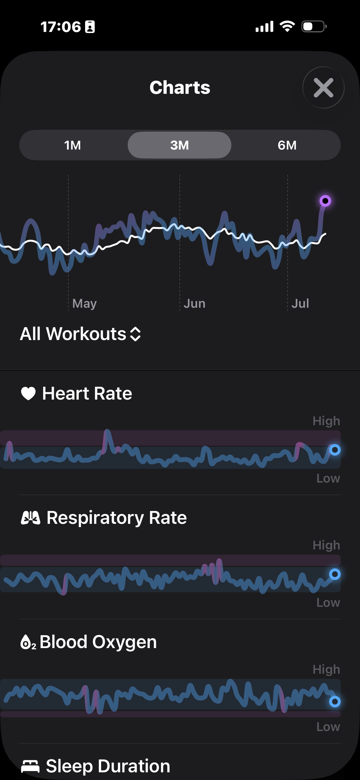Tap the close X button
(x=323, y=87)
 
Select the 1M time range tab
(x=73, y=145)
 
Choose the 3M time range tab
(x=180, y=145)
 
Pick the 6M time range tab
(x=287, y=145)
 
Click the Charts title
(x=180, y=87)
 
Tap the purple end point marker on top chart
(x=325, y=201)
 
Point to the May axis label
(x=84, y=304)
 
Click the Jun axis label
(x=195, y=303)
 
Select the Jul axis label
(x=300, y=303)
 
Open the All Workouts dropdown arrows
(x=135, y=334)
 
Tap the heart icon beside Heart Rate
(x=28, y=394)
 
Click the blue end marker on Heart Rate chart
(x=335, y=450)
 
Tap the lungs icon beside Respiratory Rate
(x=30, y=517)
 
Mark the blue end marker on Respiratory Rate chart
(x=335, y=574)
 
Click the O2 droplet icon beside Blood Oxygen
(x=28, y=642)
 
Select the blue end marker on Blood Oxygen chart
(x=335, y=702)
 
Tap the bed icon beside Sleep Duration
(x=30, y=766)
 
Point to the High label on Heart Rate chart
(x=326, y=421)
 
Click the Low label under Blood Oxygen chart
(x=328, y=727)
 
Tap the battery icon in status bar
(x=314, y=26)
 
